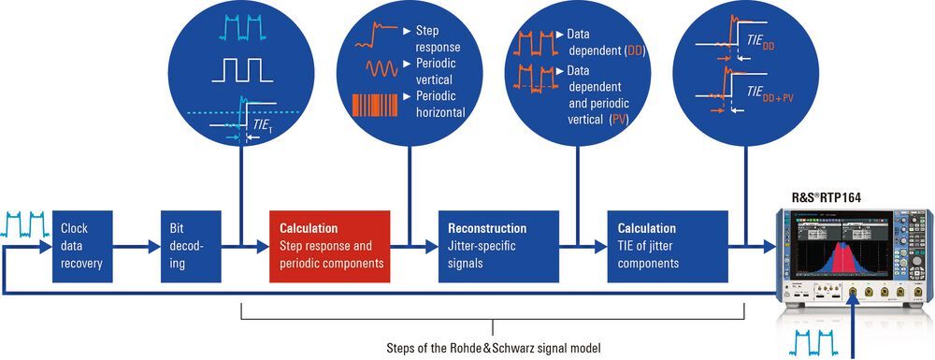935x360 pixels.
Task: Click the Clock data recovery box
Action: click(x=81, y=246)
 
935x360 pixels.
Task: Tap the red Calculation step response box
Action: click(x=329, y=246)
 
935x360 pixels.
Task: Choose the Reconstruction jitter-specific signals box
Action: click(x=498, y=246)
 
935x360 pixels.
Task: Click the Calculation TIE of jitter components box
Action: click(x=666, y=246)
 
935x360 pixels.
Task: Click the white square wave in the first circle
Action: click(x=241, y=71)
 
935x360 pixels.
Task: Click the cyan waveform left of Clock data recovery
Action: click(x=26, y=225)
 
